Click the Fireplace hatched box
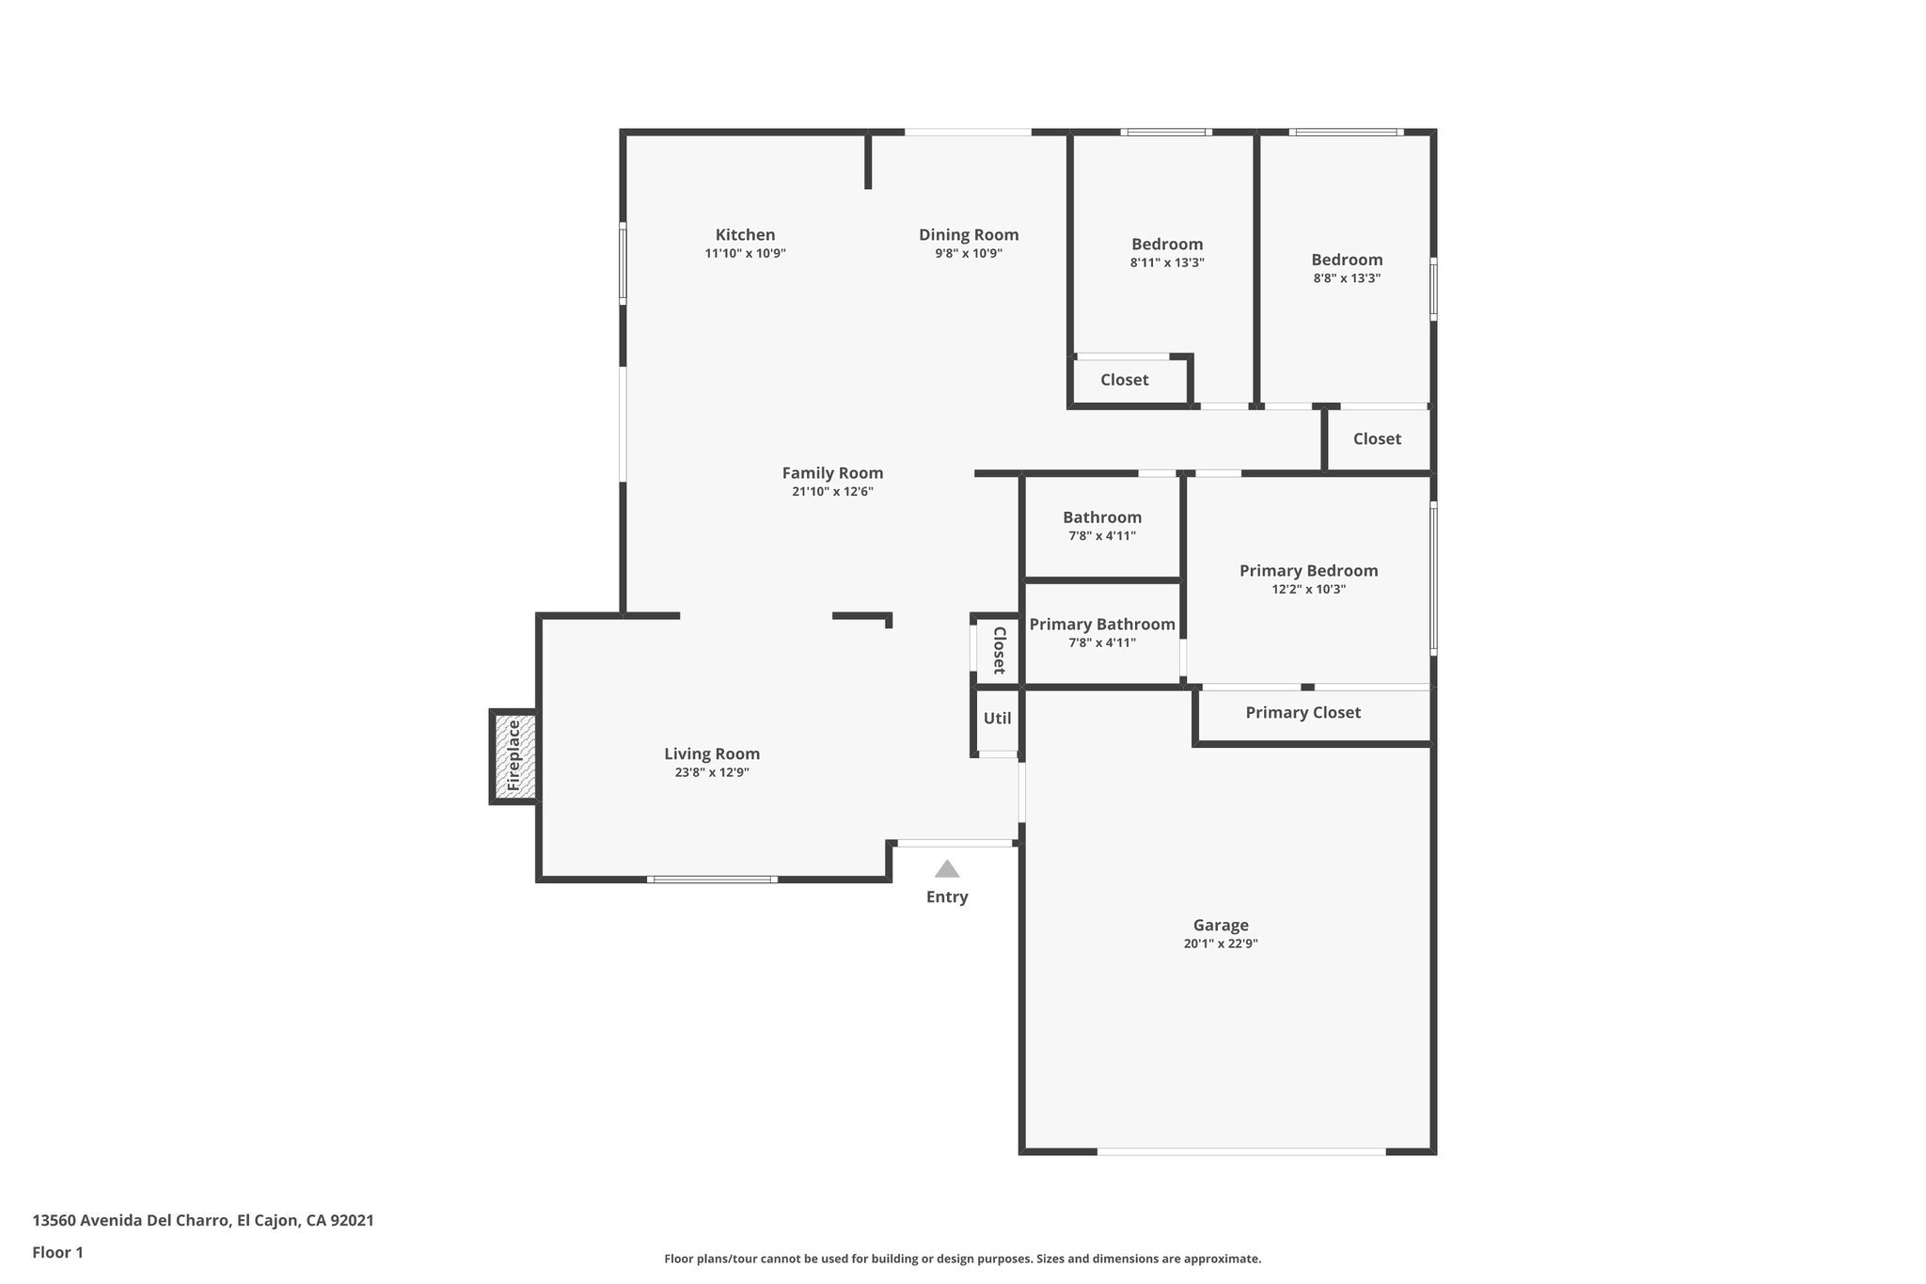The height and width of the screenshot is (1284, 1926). point(514,756)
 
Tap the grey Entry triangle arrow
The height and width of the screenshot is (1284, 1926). point(947,869)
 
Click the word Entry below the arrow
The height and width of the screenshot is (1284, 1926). point(947,897)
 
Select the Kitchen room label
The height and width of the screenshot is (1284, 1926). point(745,235)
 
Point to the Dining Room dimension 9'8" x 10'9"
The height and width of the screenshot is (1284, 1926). point(969,254)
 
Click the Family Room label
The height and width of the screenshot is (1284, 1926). point(832,473)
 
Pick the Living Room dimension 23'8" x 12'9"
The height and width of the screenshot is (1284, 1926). point(712,773)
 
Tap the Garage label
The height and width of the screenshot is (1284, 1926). point(1221,926)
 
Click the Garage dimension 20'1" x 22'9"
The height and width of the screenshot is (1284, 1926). point(1221,944)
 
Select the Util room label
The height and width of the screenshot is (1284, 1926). point(997,719)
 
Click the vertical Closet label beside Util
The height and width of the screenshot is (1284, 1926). point(999,650)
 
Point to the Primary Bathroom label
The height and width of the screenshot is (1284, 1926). point(1102,625)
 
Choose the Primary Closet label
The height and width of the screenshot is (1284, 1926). point(1302,713)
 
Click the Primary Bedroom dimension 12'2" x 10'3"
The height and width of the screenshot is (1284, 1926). point(1308,590)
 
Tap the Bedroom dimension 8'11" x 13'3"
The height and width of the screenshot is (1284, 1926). point(1167,263)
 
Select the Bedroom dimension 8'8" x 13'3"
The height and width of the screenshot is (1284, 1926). point(1347,278)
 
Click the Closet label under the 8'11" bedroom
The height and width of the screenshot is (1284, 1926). point(1125,380)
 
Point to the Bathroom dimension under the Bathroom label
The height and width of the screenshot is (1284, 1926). point(1102,536)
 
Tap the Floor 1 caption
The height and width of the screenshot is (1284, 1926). point(58,1253)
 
